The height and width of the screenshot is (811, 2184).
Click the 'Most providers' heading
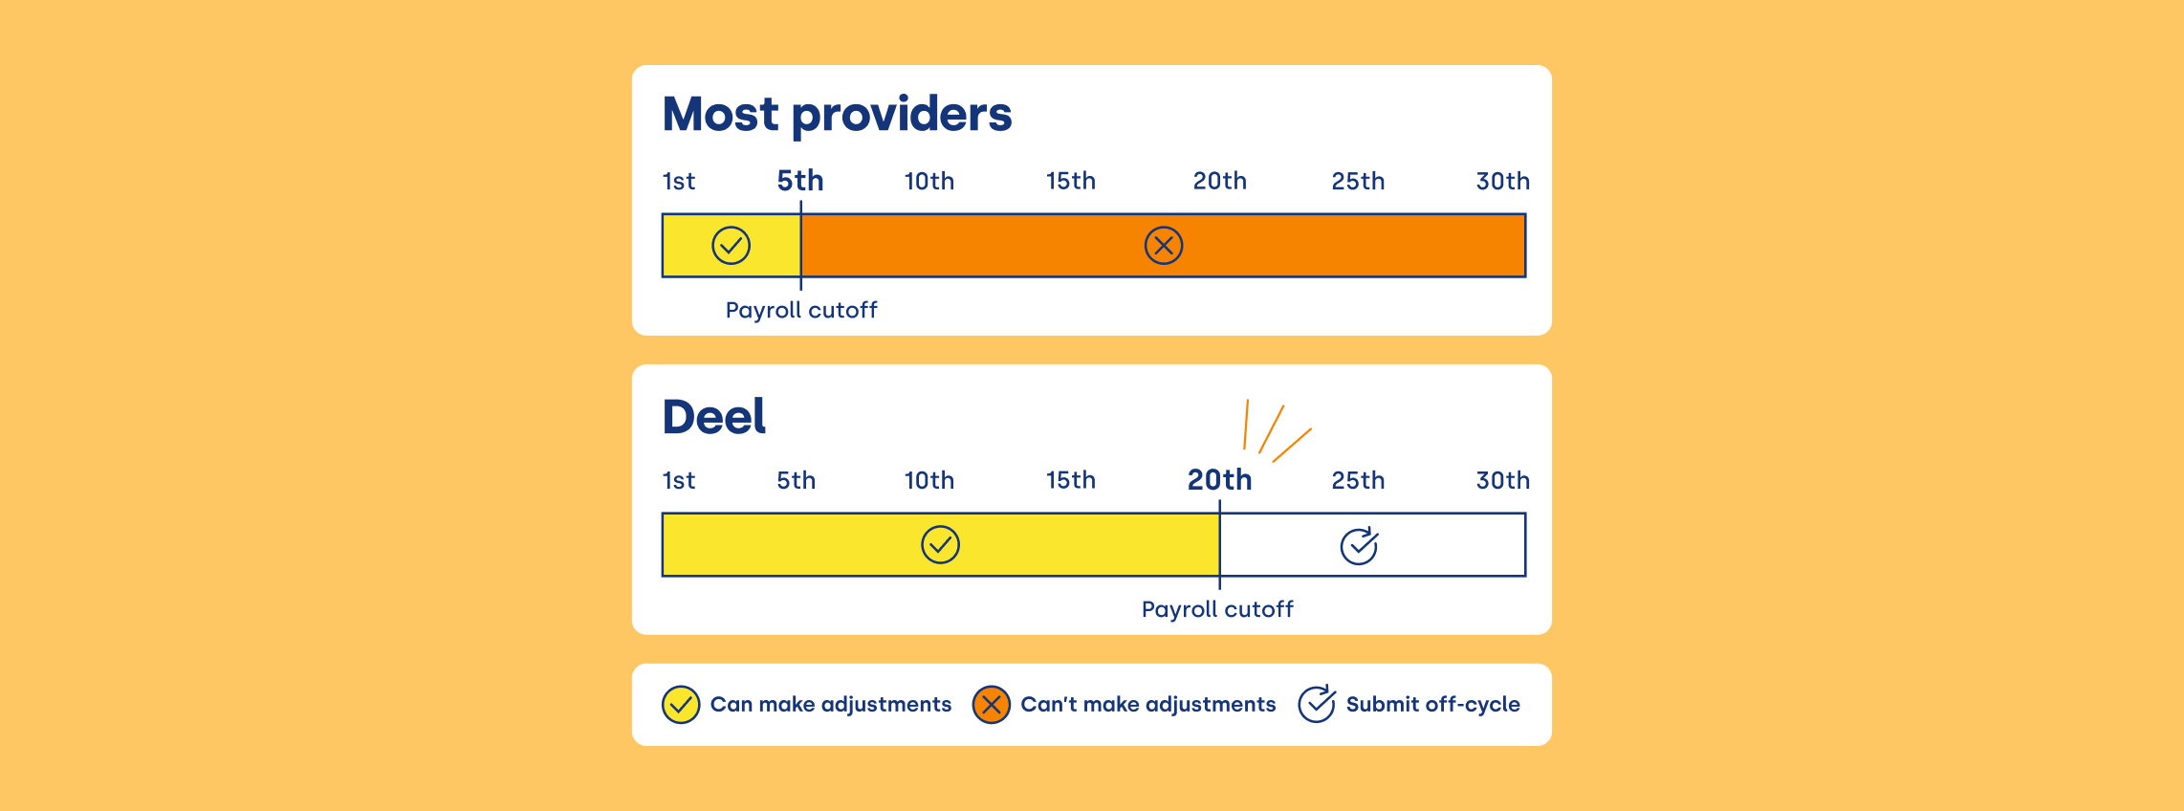coord(837,115)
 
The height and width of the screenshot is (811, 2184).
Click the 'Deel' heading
coord(714,417)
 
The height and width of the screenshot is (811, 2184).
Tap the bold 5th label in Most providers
coord(799,181)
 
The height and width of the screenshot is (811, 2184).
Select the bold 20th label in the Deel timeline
coord(1219,480)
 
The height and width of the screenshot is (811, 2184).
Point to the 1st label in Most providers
coord(679,182)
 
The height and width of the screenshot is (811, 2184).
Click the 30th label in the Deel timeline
coord(1502,481)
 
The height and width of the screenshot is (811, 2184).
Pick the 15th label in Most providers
coord(1070,182)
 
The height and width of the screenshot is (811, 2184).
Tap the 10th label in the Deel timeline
coord(928,481)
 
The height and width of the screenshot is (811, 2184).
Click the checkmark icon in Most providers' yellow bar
coord(731,246)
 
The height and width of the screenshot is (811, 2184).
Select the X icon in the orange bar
coord(1164,246)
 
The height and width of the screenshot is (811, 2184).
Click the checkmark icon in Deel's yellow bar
coord(940,545)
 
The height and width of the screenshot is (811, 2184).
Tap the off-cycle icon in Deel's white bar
coord(1359,546)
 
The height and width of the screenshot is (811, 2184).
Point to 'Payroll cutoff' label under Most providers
coord(801,311)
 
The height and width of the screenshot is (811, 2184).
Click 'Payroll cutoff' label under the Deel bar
coord(1217,610)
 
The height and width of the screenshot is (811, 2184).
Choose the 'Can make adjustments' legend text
coord(831,705)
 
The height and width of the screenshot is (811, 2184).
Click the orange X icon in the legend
coord(992,705)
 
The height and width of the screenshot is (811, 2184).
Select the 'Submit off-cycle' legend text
coord(1432,705)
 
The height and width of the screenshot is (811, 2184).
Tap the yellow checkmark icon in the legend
coord(681,705)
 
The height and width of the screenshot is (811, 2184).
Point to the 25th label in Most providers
coord(1358,182)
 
